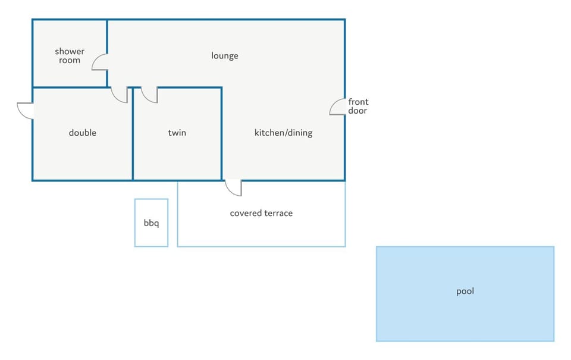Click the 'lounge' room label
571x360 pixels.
[x=225, y=56]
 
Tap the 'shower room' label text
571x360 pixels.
[x=70, y=56]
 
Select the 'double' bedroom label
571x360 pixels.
[x=83, y=133]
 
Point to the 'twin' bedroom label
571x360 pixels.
[x=177, y=133]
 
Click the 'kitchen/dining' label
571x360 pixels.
[x=283, y=133]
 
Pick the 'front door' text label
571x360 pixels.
[x=358, y=106]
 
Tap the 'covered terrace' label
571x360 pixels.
[x=261, y=213]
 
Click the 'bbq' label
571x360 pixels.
[x=151, y=223]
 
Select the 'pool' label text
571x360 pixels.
[x=465, y=291]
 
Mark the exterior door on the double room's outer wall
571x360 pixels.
[x=22, y=114]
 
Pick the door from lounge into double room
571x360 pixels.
[x=116, y=98]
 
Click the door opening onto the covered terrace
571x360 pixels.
[x=230, y=191]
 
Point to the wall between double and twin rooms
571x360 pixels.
[x=133, y=134]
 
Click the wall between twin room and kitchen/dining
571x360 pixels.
[x=221, y=134]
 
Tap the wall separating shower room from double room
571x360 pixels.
[x=70, y=87]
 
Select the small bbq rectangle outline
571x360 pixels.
[x=135, y=223]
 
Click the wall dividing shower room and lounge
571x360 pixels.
[x=107, y=36]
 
